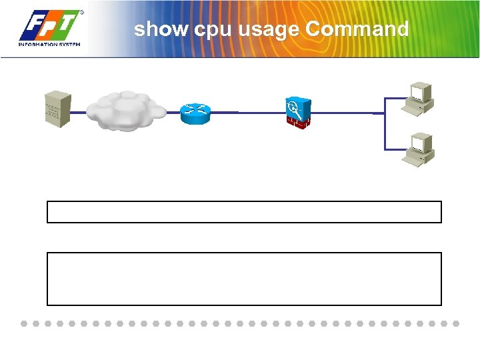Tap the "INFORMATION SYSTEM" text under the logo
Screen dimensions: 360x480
pos(49,45)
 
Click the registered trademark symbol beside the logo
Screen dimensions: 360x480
pos(82,12)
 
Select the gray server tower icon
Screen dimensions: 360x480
pos(55,110)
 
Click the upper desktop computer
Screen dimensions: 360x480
pos(420,98)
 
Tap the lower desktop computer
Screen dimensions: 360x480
pos(420,148)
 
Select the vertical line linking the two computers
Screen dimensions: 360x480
pos(385,123)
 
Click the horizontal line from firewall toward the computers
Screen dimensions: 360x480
pos(347,113)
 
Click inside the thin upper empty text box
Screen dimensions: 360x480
pos(244,211)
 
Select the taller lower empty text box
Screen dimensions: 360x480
pos(244,279)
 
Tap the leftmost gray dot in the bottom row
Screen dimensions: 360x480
pos(23,323)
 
